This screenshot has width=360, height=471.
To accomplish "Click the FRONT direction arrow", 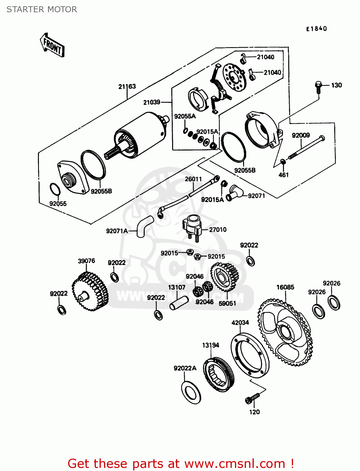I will [x=52, y=46].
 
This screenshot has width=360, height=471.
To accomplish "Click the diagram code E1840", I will [x=317, y=29].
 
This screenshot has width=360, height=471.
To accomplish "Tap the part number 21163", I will [x=127, y=86].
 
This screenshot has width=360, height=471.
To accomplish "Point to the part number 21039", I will [x=152, y=102].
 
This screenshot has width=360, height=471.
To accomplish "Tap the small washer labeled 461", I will [x=283, y=161].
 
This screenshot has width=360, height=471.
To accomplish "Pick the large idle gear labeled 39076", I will [x=90, y=291].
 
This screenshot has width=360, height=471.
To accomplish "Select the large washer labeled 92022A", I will [x=191, y=392].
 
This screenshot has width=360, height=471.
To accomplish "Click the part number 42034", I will [x=240, y=323].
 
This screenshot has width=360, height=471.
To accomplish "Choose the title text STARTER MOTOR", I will [x=42, y=9].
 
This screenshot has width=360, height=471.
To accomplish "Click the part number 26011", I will [x=193, y=179].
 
